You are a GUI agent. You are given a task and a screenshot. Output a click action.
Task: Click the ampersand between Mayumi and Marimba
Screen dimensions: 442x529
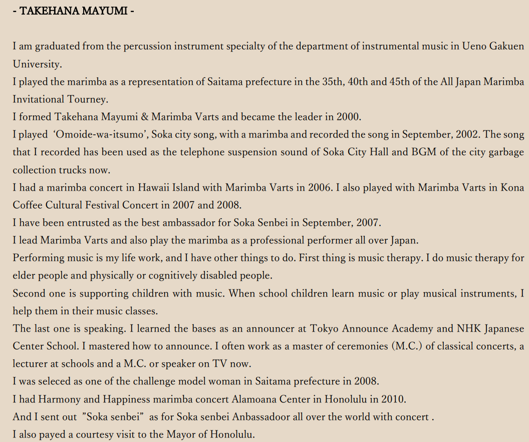[144, 117]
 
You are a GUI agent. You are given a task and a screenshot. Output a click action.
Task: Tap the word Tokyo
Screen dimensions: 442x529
[324, 329]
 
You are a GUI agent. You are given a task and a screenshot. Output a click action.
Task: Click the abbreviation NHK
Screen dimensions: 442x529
[468, 329]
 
